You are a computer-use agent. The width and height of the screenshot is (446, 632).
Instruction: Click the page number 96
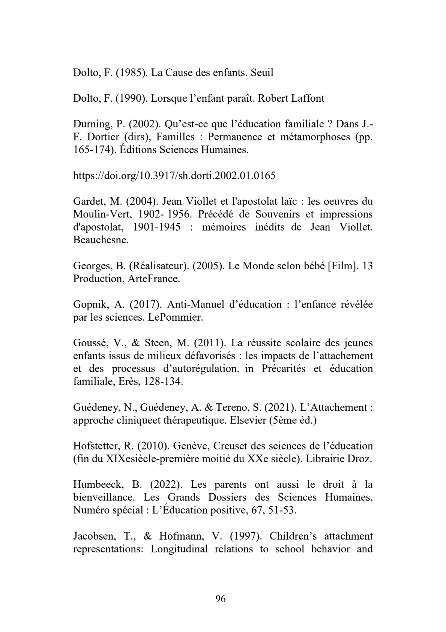[x=221, y=599]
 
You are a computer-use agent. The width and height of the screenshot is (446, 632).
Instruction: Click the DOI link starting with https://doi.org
[x=174, y=175]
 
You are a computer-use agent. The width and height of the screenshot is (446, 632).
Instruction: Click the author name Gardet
[x=86, y=201]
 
